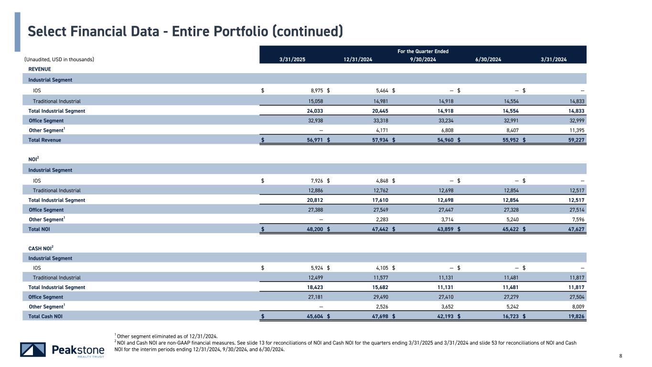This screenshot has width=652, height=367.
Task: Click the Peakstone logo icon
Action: pyautogui.click(x=33, y=350)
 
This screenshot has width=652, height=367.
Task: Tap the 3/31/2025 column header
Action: pyautogui.click(x=292, y=59)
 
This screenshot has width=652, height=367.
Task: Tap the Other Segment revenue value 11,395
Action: pyautogui.click(x=575, y=130)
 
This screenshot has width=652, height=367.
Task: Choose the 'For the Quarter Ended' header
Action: pyautogui.click(x=423, y=51)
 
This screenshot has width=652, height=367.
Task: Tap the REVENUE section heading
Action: pyautogui.click(x=40, y=69)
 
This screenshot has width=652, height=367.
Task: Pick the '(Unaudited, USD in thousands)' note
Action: pyautogui.click(x=59, y=59)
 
